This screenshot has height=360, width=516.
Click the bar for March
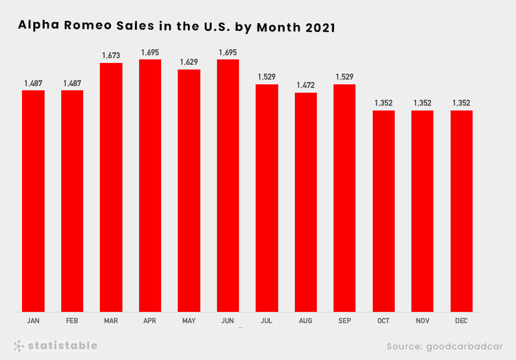111,187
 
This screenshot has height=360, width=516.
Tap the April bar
150,185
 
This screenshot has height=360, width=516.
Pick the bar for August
306,202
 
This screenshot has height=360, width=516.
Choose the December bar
461,211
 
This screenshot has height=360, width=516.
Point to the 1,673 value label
111,55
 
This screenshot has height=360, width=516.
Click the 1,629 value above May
188,62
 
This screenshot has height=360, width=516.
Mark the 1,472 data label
306,85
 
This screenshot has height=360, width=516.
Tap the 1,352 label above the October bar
383,103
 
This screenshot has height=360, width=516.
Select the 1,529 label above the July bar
266,77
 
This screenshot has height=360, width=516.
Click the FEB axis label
72,321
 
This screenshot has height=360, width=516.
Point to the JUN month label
228,321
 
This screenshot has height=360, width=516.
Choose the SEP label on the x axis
344,321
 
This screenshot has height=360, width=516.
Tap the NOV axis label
422,321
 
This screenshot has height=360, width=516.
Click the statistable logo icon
19,346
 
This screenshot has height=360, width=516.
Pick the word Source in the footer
404,346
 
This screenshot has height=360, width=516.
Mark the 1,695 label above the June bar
228,52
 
